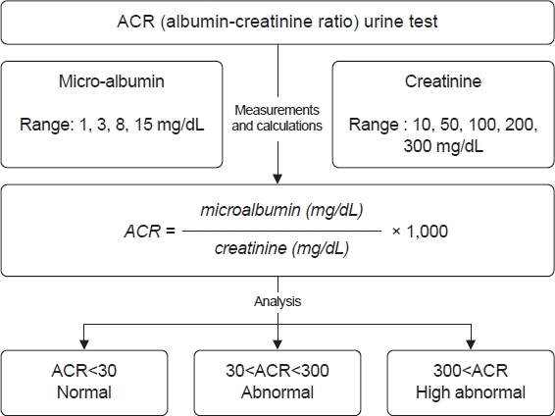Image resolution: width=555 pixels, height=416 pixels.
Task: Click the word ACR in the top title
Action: (x=136, y=22)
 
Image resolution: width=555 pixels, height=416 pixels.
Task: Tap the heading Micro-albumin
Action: (x=112, y=81)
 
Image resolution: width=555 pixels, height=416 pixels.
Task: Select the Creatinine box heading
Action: (x=443, y=81)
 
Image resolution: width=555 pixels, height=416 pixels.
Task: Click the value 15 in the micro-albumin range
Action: (x=144, y=125)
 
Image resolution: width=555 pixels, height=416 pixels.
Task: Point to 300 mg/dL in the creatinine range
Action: (x=443, y=146)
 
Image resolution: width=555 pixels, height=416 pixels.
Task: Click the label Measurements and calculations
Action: (x=277, y=118)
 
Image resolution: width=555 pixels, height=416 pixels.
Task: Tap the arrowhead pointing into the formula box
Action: (x=277, y=179)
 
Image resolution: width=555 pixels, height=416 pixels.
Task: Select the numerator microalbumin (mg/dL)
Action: (x=281, y=210)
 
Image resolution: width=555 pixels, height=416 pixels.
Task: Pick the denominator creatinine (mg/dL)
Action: (x=281, y=248)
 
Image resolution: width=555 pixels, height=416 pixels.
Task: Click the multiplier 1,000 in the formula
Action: (x=428, y=232)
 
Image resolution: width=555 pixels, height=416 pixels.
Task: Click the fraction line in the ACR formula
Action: (x=282, y=232)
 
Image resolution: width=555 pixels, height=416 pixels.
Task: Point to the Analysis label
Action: (x=277, y=301)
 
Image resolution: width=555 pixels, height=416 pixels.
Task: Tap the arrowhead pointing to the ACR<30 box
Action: (x=84, y=344)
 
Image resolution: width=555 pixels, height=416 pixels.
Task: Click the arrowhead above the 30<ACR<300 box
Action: (x=277, y=344)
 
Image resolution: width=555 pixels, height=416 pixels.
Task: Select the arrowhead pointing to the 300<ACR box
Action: (x=471, y=344)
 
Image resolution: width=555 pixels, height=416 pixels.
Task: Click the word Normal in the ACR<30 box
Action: (x=84, y=392)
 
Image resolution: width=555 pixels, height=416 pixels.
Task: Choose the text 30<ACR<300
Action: (x=277, y=370)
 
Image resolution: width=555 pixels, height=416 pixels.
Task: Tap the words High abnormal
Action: (x=471, y=392)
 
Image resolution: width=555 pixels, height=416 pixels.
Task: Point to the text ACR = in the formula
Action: (x=150, y=232)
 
